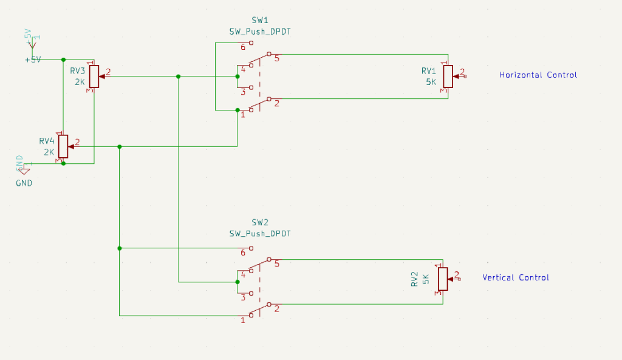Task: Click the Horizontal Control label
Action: click(538, 75)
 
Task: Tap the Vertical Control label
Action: click(515, 277)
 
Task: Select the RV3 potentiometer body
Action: click(94, 76)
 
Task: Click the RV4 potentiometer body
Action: click(63, 146)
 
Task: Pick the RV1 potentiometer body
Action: click(448, 76)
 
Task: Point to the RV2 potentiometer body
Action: click(443, 279)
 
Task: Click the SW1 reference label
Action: click(259, 21)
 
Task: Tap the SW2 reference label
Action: click(259, 222)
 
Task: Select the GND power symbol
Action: click(24, 171)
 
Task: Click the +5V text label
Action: click(33, 59)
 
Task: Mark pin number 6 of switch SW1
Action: click(242, 47)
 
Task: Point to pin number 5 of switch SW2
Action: click(276, 264)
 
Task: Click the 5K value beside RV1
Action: click(430, 82)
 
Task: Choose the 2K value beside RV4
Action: click(49, 152)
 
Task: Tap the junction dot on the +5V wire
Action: click(63, 59)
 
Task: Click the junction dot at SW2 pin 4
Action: click(237, 282)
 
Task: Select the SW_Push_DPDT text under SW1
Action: click(259, 32)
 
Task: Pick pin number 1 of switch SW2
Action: click(242, 319)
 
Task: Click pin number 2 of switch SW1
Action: click(276, 103)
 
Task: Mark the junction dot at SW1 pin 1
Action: click(237, 110)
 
